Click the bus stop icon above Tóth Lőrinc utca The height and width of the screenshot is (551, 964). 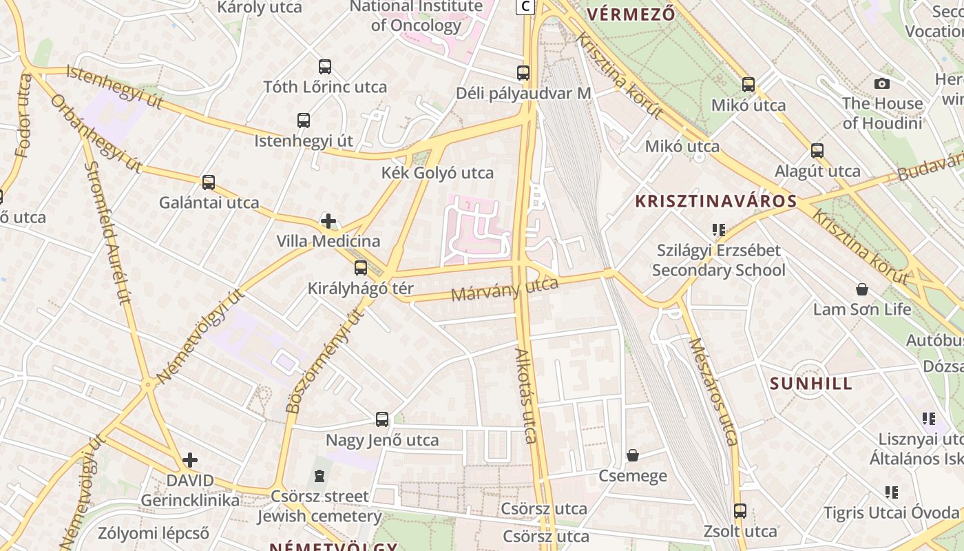325,67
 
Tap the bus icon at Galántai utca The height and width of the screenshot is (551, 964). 209,183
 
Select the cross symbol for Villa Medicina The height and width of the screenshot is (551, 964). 328,221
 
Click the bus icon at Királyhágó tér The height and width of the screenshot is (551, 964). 361,268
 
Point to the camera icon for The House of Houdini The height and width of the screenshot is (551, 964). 881,84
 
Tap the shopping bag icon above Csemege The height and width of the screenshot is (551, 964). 633,455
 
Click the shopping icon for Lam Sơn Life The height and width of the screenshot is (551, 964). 861,289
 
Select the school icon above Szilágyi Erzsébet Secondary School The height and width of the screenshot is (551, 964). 719,230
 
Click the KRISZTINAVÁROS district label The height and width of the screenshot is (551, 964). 715,202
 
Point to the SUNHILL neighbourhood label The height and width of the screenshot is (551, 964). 811,384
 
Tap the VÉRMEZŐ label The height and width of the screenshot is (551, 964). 630,13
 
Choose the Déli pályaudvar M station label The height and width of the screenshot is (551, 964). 524,93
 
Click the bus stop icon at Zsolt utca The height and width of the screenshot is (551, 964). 740,511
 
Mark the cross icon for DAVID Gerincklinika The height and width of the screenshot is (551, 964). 190,459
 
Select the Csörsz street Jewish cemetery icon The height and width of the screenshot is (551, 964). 319,476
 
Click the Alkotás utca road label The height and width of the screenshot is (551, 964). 527,396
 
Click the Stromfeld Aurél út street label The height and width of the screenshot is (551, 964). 107,232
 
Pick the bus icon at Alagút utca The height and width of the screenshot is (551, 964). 817,150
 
